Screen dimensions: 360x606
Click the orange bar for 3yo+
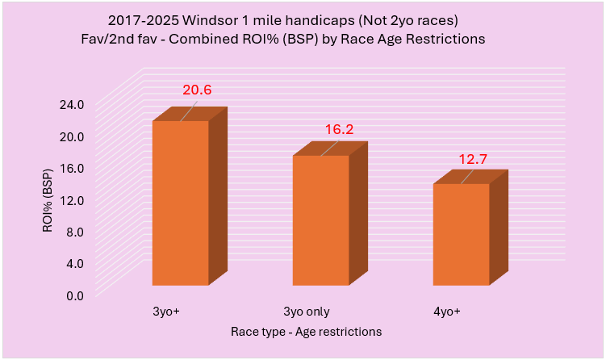[x=180, y=203]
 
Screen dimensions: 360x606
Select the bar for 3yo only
[x=320, y=220]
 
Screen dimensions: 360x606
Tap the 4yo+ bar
[x=461, y=234]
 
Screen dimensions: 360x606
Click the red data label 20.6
[x=197, y=90]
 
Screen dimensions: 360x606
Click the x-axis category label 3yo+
[x=166, y=312]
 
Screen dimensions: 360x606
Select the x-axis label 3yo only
[x=306, y=312]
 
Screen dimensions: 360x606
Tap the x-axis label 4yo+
[x=446, y=312]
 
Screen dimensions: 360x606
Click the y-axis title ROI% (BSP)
[x=48, y=197]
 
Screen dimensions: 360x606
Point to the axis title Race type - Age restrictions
[x=306, y=331]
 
